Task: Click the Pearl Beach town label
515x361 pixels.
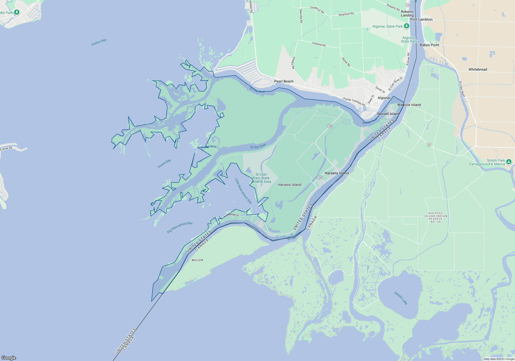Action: point(284,81)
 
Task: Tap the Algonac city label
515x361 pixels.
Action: point(384,98)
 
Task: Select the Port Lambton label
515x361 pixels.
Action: point(421,19)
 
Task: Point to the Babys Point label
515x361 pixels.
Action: point(429,45)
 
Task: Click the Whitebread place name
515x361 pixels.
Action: point(478,69)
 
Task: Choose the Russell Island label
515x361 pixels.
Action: point(388,114)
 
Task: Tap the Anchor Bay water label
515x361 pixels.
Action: point(99,42)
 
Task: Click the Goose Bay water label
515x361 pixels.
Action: point(164,164)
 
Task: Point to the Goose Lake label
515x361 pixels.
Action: point(401,298)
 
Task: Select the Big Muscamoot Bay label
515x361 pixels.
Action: point(180,227)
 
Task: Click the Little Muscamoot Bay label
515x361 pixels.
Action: point(243,191)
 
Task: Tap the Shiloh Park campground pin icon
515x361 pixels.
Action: point(509,162)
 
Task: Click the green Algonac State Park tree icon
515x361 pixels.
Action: point(406,26)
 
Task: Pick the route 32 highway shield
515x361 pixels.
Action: point(429,145)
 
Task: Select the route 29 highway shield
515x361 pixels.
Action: point(407,5)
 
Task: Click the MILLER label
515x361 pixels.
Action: point(198,260)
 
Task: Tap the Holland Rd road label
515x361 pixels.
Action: point(319,44)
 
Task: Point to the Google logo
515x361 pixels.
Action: point(9,358)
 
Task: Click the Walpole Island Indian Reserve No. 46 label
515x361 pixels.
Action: point(436,218)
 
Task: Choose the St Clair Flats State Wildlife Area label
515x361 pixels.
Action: point(261,178)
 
